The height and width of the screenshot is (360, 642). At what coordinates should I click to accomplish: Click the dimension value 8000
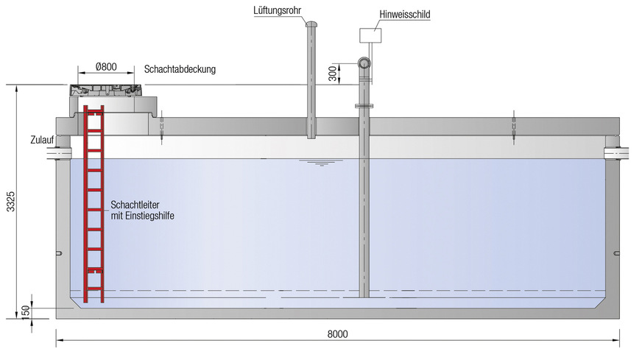(336, 333)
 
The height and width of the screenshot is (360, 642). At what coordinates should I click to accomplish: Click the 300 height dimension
(332, 73)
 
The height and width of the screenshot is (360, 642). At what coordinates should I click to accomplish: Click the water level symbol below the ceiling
(320, 163)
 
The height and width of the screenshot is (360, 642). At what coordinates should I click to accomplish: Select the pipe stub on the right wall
(613, 152)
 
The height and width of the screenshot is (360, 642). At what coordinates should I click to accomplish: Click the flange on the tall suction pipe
(364, 106)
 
